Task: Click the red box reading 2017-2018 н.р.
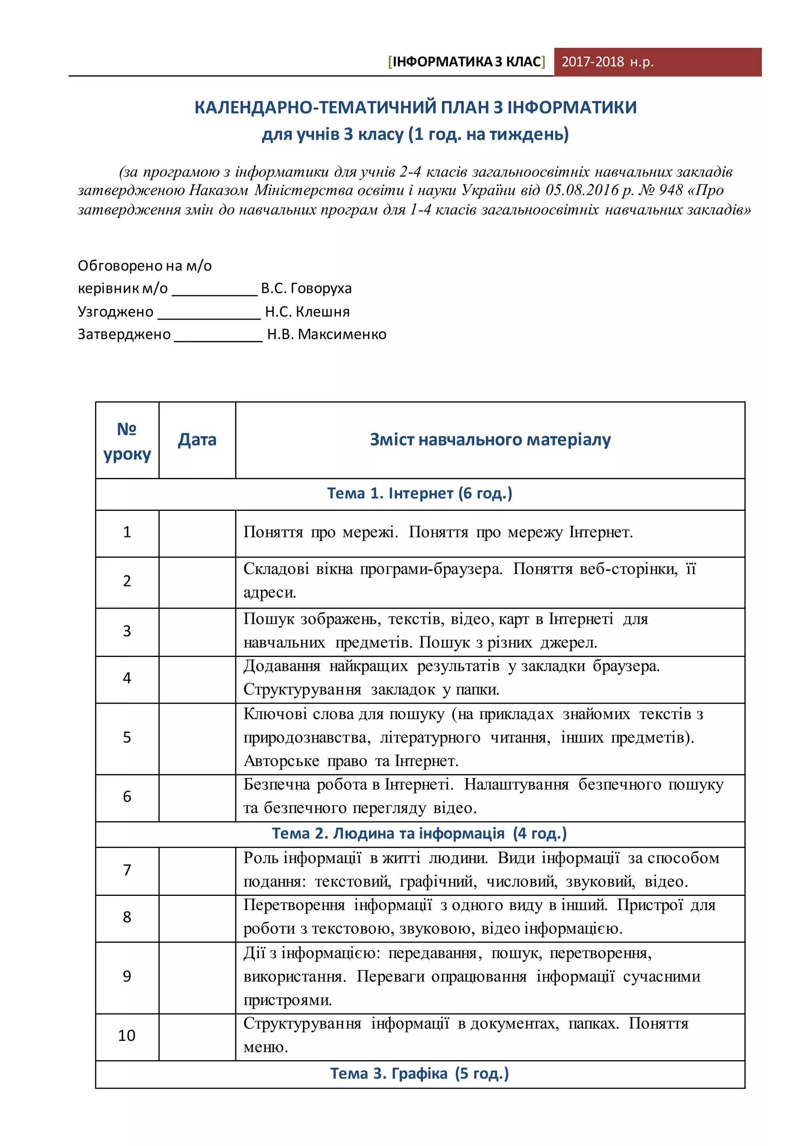[x=657, y=62]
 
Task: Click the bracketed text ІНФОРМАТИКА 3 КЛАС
[x=466, y=62]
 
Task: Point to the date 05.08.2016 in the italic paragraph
[x=582, y=190]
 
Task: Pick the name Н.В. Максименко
[x=327, y=334]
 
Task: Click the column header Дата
[x=197, y=440]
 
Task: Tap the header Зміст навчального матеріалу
[x=490, y=440]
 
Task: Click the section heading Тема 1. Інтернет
[x=419, y=493]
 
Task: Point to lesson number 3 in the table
[x=127, y=631]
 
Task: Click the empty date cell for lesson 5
[x=197, y=738]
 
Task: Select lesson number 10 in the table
[x=127, y=1035]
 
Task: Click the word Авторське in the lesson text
[x=281, y=761]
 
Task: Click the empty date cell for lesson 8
[x=197, y=917]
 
